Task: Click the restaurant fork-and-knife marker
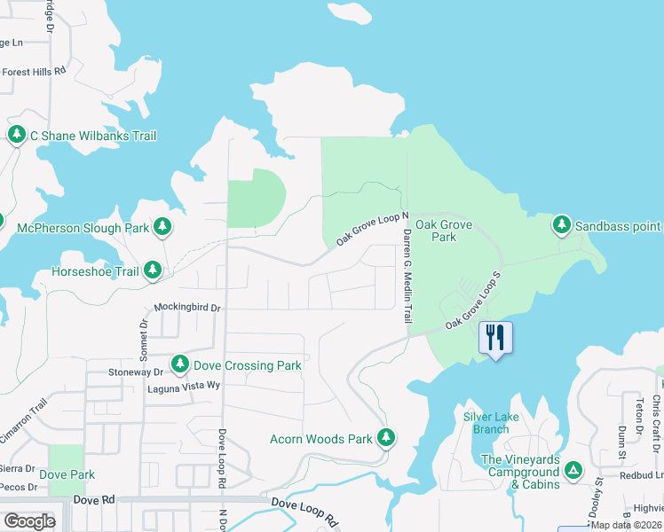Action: (x=495, y=338)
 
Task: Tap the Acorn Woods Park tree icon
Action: (x=386, y=437)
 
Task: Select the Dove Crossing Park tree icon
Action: (x=180, y=364)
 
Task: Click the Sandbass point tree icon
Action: (x=562, y=225)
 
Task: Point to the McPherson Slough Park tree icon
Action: (x=162, y=227)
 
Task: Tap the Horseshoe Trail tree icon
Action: (x=153, y=270)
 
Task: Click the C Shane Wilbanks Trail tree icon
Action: (x=16, y=135)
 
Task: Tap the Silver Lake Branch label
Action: (x=486, y=423)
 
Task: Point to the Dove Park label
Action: (x=67, y=474)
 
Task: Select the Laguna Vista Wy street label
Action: (x=178, y=386)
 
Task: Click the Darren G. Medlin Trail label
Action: (x=407, y=275)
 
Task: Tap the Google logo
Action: (x=29, y=520)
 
